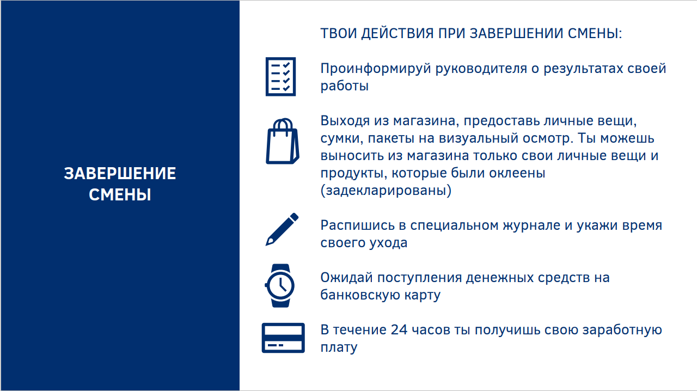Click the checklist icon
(x=280, y=77)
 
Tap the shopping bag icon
(x=282, y=142)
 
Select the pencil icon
(x=282, y=229)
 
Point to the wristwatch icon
(x=280, y=285)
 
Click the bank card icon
(x=283, y=338)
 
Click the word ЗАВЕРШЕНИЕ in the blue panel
(x=120, y=173)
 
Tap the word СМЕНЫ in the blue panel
(x=120, y=194)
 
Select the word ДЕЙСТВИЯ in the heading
(x=398, y=33)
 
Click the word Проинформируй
(x=376, y=69)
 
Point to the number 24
(x=399, y=329)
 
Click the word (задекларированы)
(x=386, y=190)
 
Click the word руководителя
(x=481, y=69)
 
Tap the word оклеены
(x=517, y=173)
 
